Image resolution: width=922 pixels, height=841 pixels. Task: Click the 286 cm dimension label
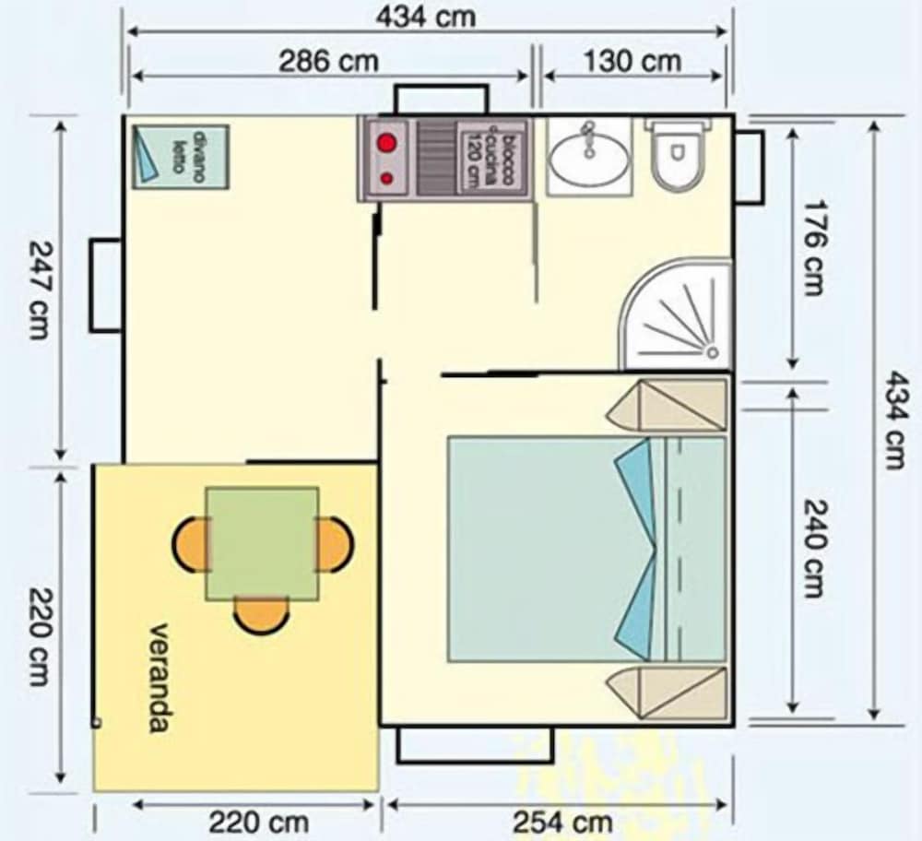(329, 62)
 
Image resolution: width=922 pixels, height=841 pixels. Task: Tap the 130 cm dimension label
(632, 62)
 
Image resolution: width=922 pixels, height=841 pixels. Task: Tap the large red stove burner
(385, 143)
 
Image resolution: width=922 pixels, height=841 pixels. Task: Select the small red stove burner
(386, 178)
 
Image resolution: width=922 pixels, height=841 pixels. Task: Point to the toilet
(678, 154)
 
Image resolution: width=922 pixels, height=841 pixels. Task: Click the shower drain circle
(712, 353)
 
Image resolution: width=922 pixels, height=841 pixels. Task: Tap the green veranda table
(262, 543)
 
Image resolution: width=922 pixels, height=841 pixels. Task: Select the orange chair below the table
(262, 615)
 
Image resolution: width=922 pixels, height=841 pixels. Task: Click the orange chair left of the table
(191, 545)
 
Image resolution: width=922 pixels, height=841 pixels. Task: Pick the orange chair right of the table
(335, 545)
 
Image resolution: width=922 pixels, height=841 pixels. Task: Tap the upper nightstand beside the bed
(667, 406)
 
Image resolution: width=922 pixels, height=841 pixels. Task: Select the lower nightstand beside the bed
(667, 693)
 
